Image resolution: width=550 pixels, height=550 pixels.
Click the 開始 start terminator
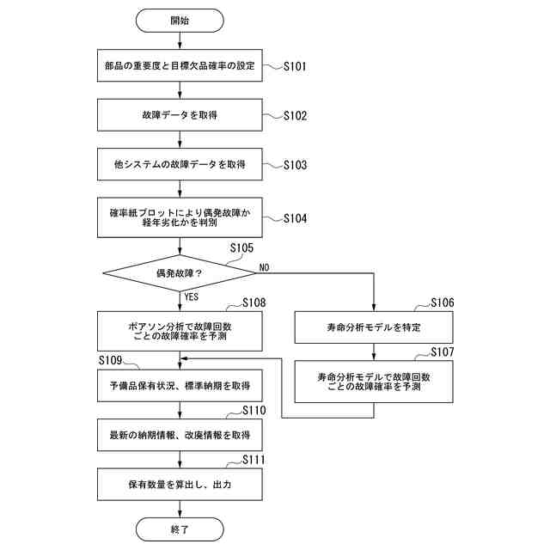click(180, 21)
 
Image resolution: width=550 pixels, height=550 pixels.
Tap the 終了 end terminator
click(180, 529)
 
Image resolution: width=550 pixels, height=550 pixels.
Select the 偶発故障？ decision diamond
click(180, 273)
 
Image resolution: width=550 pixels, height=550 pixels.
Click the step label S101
click(295, 66)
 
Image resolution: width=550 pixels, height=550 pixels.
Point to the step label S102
click(296, 116)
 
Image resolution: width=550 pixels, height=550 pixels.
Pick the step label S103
click(296, 165)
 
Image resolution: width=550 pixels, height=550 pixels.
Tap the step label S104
click(296, 218)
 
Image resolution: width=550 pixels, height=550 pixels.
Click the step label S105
click(241, 248)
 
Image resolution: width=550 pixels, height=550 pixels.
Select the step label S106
click(443, 302)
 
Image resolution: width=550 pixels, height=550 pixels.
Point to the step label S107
click(443, 351)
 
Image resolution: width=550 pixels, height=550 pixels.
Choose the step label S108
click(254, 302)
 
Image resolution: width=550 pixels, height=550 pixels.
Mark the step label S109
click(110, 360)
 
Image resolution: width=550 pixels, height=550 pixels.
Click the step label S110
click(254, 410)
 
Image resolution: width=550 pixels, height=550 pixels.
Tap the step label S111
click(254, 460)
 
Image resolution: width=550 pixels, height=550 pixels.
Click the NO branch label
click(264, 267)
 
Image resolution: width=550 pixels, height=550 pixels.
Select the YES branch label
click(192, 297)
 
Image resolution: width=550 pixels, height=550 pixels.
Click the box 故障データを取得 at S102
click(180, 115)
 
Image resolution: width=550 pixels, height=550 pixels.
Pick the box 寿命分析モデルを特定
click(374, 327)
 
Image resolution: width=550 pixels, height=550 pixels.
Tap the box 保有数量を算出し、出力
click(180, 485)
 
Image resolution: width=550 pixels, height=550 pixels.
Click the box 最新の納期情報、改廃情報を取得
click(180, 435)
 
